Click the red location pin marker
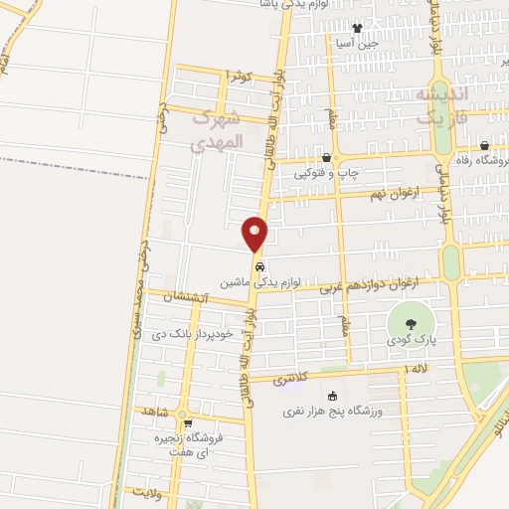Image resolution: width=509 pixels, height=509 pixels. click(x=255, y=235)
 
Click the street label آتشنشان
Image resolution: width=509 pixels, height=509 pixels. click(x=183, y=297)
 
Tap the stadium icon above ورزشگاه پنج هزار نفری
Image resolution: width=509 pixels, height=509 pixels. click(x=332, y=396)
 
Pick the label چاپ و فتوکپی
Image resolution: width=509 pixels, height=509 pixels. click(x=327, y=172)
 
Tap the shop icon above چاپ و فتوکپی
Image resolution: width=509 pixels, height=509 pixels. click(x=327, y=157)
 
